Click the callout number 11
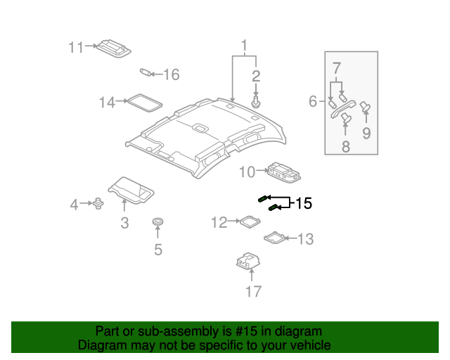coord(76,47)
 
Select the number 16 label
coord(172,74)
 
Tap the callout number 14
coord(106,103)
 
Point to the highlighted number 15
coord(303,204)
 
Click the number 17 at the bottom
coord(252,290)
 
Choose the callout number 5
coord(157,249)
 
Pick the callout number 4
coord(74,205)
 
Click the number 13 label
coord(305,240)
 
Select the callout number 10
coord(247,172)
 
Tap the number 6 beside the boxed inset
coord(313,102)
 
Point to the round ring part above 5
coord(157,224)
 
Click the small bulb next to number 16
coord(147,71)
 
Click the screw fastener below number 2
coord(256,103)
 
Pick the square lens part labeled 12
coord(250,221)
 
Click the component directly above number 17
coord(247,262)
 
